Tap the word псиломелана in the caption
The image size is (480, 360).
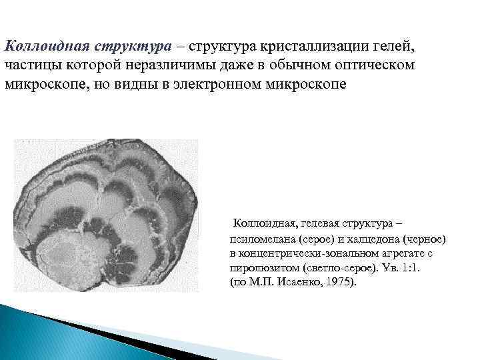point(261,239)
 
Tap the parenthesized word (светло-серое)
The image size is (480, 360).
point(331,268)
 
